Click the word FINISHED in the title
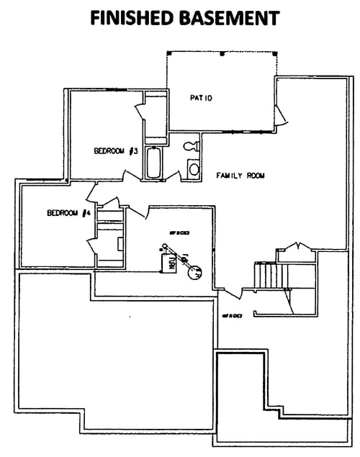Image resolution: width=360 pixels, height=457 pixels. coord(132,17)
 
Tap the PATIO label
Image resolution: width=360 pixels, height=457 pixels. coord(202,97)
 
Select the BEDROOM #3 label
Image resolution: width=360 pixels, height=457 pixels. coord(117,151)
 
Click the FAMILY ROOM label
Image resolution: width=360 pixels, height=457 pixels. coord(238,176)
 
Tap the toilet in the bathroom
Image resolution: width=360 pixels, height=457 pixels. coord(191,146)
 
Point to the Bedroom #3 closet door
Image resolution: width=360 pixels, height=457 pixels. coord(139,115)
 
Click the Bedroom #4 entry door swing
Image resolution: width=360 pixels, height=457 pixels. coord(92,191)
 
